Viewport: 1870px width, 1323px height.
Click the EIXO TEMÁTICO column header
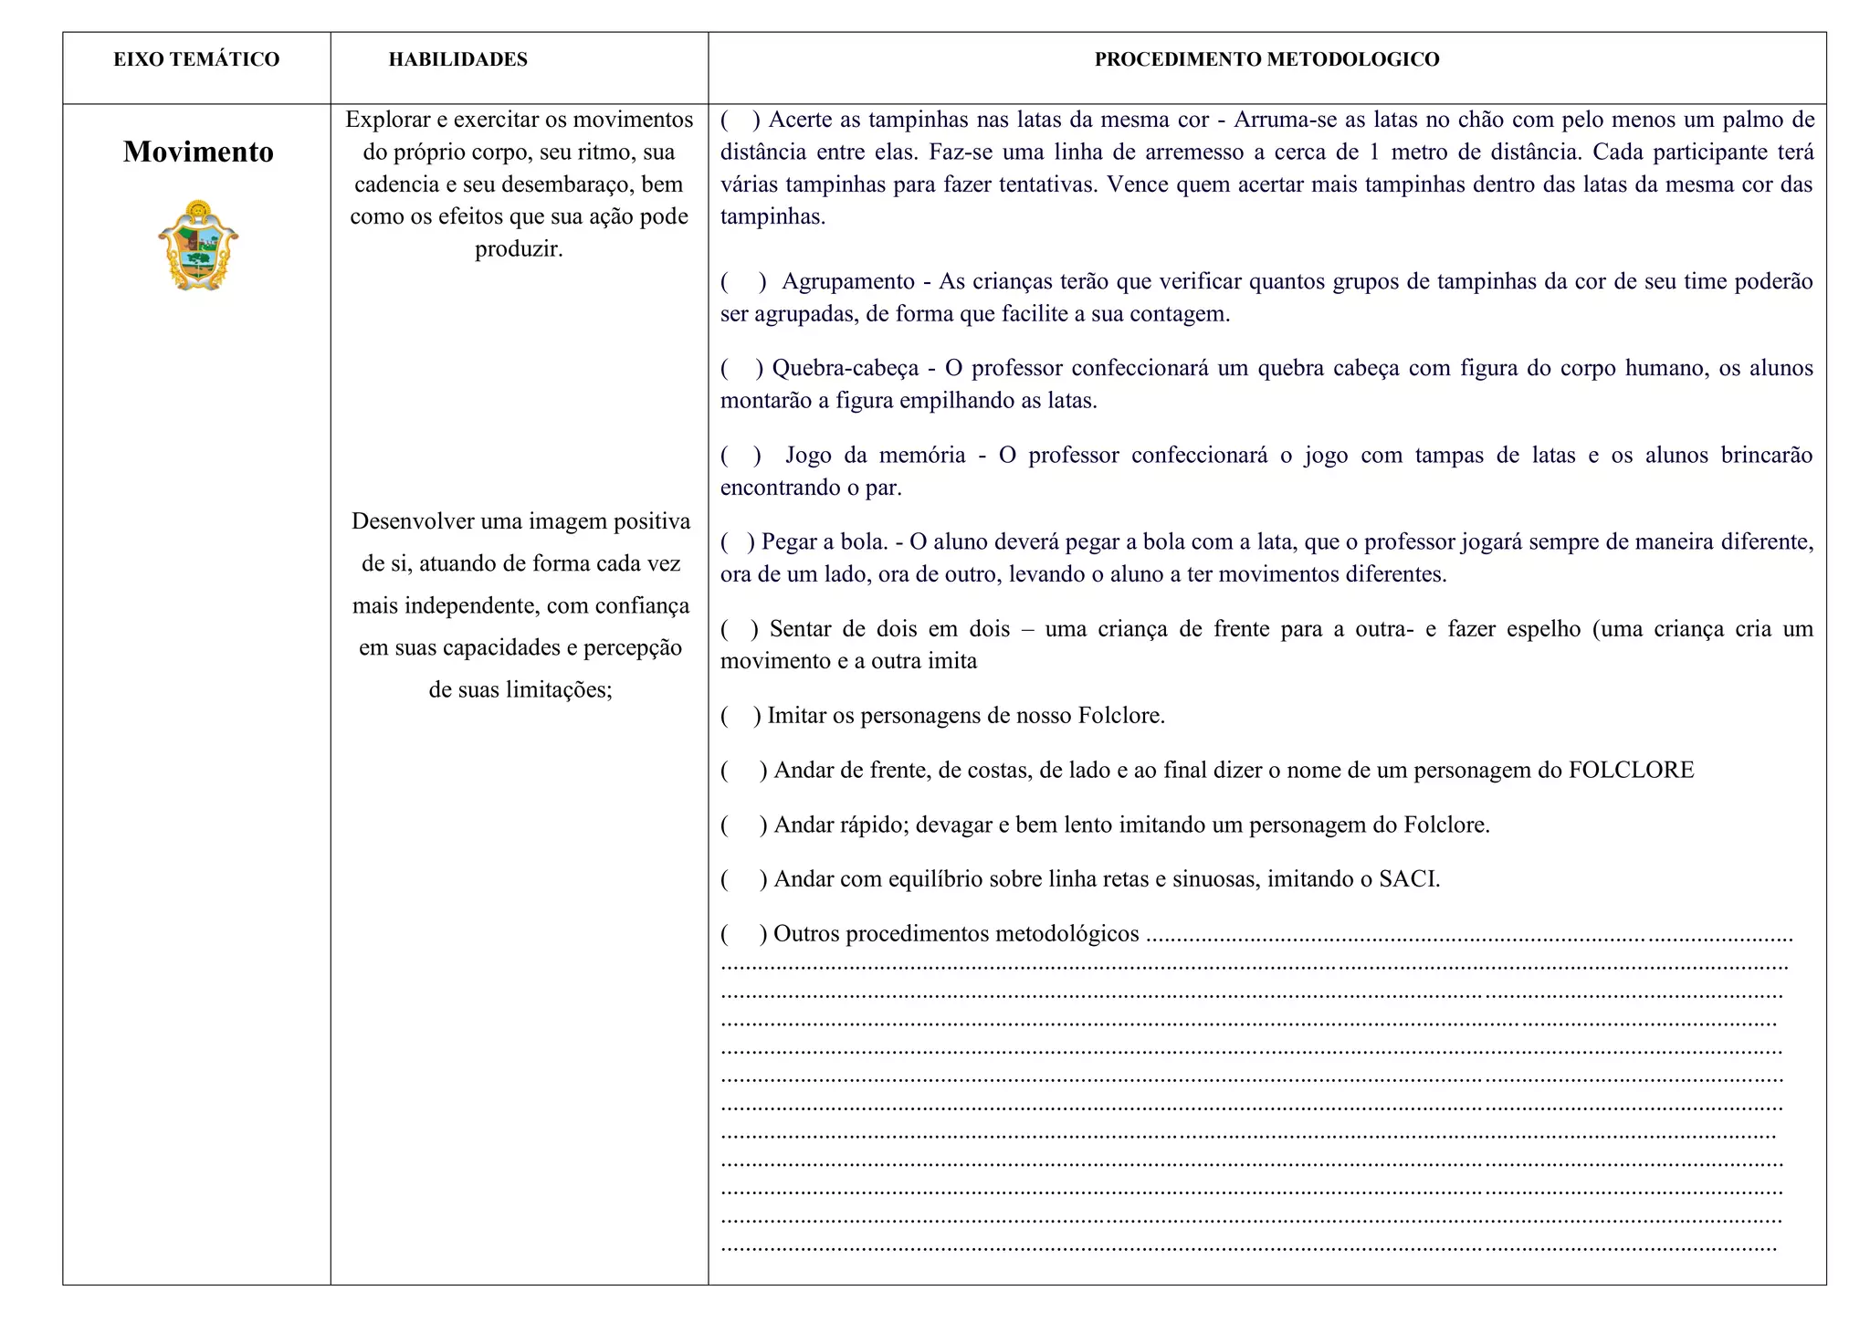[x=196, y=60]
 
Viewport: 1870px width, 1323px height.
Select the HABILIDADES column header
[x=457, y=60]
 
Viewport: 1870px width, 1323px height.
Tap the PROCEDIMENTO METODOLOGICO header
[x=1266, y=60]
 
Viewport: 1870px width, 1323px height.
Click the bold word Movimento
[x=198, y=152]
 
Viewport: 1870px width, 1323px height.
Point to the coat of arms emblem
[x=198, y=246]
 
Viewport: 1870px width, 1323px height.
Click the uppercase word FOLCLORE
[x=1631, y=771]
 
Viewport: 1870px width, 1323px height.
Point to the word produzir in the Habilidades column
[x=517, y=249]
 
